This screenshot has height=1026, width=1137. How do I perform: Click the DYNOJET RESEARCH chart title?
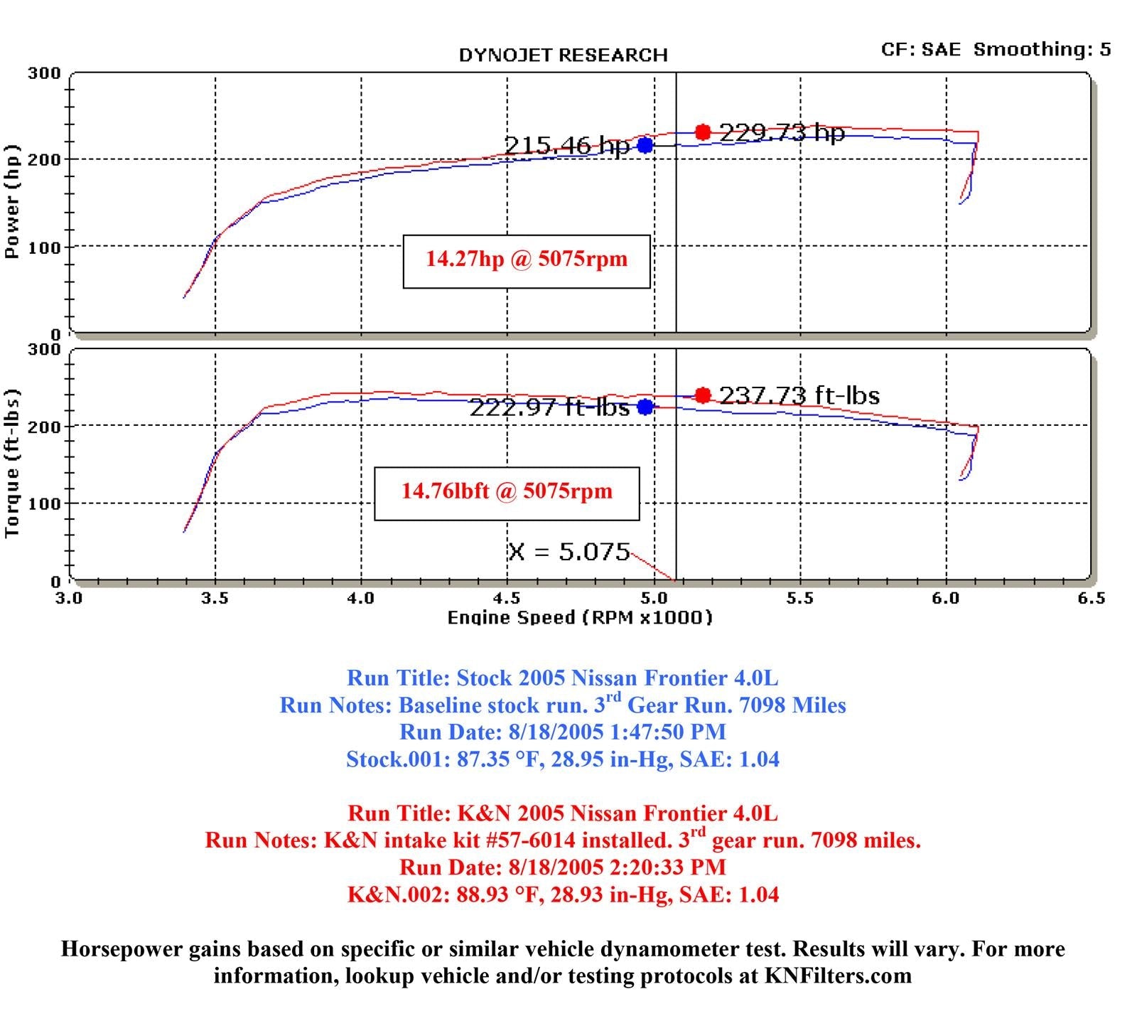[563, 55]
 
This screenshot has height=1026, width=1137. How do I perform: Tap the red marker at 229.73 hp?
[703, 132]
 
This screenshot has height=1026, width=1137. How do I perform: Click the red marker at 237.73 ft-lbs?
[703, 395]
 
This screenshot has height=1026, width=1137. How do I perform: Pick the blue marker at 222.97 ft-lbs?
[645, 407]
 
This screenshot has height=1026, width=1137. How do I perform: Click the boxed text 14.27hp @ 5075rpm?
[527, 260]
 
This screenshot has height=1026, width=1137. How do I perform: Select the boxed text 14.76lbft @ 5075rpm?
[507, 491]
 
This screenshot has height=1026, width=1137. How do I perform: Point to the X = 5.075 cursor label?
[568, 552]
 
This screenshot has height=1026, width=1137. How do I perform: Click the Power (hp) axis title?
[12, 202]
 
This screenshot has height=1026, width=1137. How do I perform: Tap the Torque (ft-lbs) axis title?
[12, 464]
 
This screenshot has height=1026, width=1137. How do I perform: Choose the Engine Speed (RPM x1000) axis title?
[579, 618]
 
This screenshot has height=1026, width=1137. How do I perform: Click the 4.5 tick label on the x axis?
[507, 599]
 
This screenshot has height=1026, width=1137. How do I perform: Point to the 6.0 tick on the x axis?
[946, 599]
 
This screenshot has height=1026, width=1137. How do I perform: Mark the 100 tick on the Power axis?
[44, 247]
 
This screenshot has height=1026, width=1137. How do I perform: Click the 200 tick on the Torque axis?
[44, 427]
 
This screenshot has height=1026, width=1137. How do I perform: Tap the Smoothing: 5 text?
[1042, 50]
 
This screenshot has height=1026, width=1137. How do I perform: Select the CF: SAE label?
[920, 50]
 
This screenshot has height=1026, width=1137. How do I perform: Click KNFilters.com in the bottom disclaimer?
[838, 976]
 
